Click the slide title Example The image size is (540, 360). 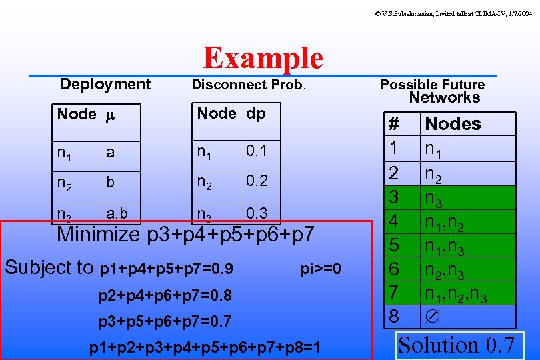263,59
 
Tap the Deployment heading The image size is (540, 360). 105,84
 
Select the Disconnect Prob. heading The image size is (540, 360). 248,85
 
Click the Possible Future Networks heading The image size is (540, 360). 433,91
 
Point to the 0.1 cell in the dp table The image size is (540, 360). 256,151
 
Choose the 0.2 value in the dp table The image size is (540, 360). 256,181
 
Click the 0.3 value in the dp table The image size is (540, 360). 256,213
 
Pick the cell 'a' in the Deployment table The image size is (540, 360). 111,153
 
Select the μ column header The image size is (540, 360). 111,115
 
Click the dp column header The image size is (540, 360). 256,113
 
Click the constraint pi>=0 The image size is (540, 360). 321,269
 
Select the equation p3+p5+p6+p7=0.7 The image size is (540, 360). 165,322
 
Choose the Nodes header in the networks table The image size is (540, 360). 453,123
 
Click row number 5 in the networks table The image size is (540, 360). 394,245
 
